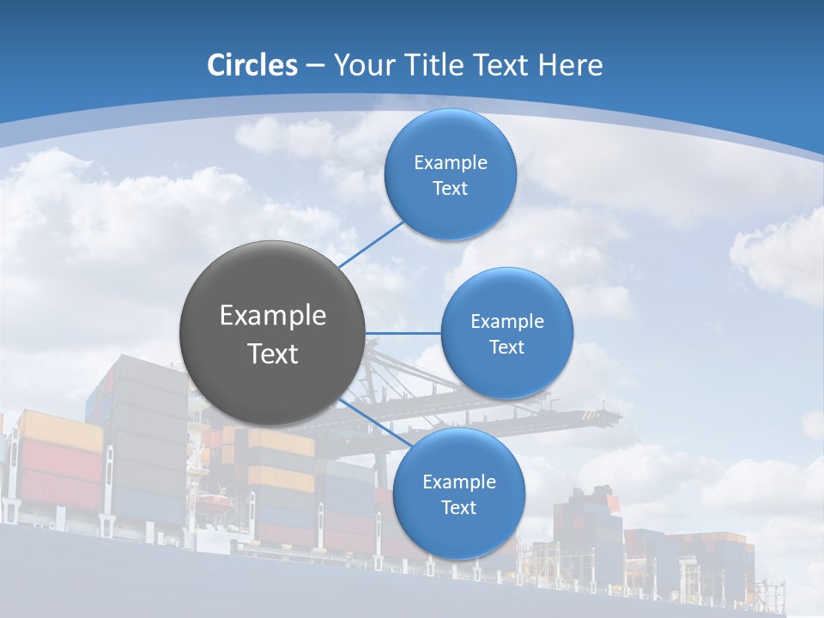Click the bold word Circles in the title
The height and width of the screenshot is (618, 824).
tap(251, 65)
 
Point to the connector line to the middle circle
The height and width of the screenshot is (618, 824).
tap(403, 333)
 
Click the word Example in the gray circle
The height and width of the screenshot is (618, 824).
tap(272, 315)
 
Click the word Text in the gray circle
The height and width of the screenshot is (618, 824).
tap(272, 354)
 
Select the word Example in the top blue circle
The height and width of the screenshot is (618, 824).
tap(450, 162)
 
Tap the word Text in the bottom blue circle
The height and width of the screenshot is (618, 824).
tap(458, 507)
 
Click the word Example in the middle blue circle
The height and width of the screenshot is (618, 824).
tap(506, 321)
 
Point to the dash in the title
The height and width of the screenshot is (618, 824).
tap(315, 65)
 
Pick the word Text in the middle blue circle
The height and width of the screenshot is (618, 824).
tap(506, 347)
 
